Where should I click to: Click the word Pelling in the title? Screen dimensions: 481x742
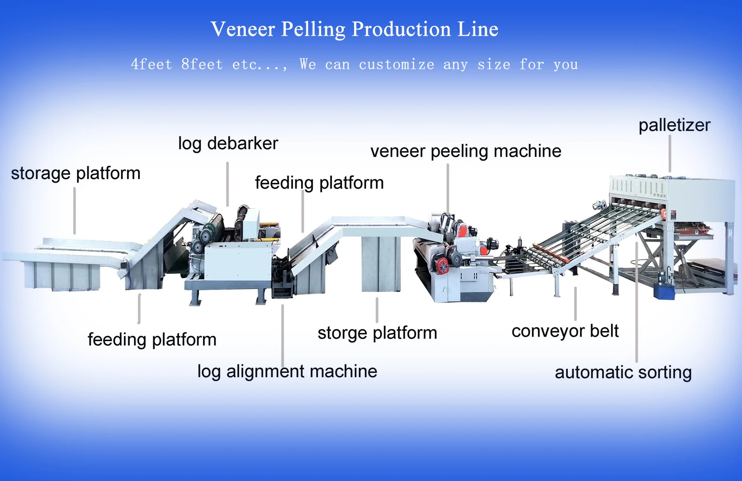(x=313, y=29)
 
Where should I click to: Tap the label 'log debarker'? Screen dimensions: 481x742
(x=228, y=143)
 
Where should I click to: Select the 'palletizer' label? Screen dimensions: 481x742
(x=674, y=125)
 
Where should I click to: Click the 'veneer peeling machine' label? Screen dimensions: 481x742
(x=466, y=151)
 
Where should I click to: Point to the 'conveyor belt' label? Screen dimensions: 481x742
(x=565, y=331)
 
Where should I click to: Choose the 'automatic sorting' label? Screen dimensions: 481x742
(x=623, y=372)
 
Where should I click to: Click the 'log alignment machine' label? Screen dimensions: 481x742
(x=287, y=371)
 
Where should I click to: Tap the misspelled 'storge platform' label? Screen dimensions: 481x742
(x=377, y=333)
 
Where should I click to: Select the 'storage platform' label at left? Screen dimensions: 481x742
(x=76, y=173)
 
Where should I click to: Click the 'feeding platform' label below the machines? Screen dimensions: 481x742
(x=152, y=340)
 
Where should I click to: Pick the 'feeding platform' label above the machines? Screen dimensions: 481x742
(x=319, y=183)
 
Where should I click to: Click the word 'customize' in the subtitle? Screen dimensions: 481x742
(x=396, y=65)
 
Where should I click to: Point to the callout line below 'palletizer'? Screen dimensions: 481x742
(x=670, y=154)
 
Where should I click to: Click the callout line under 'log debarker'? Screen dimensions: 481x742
(x=228, y=183)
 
